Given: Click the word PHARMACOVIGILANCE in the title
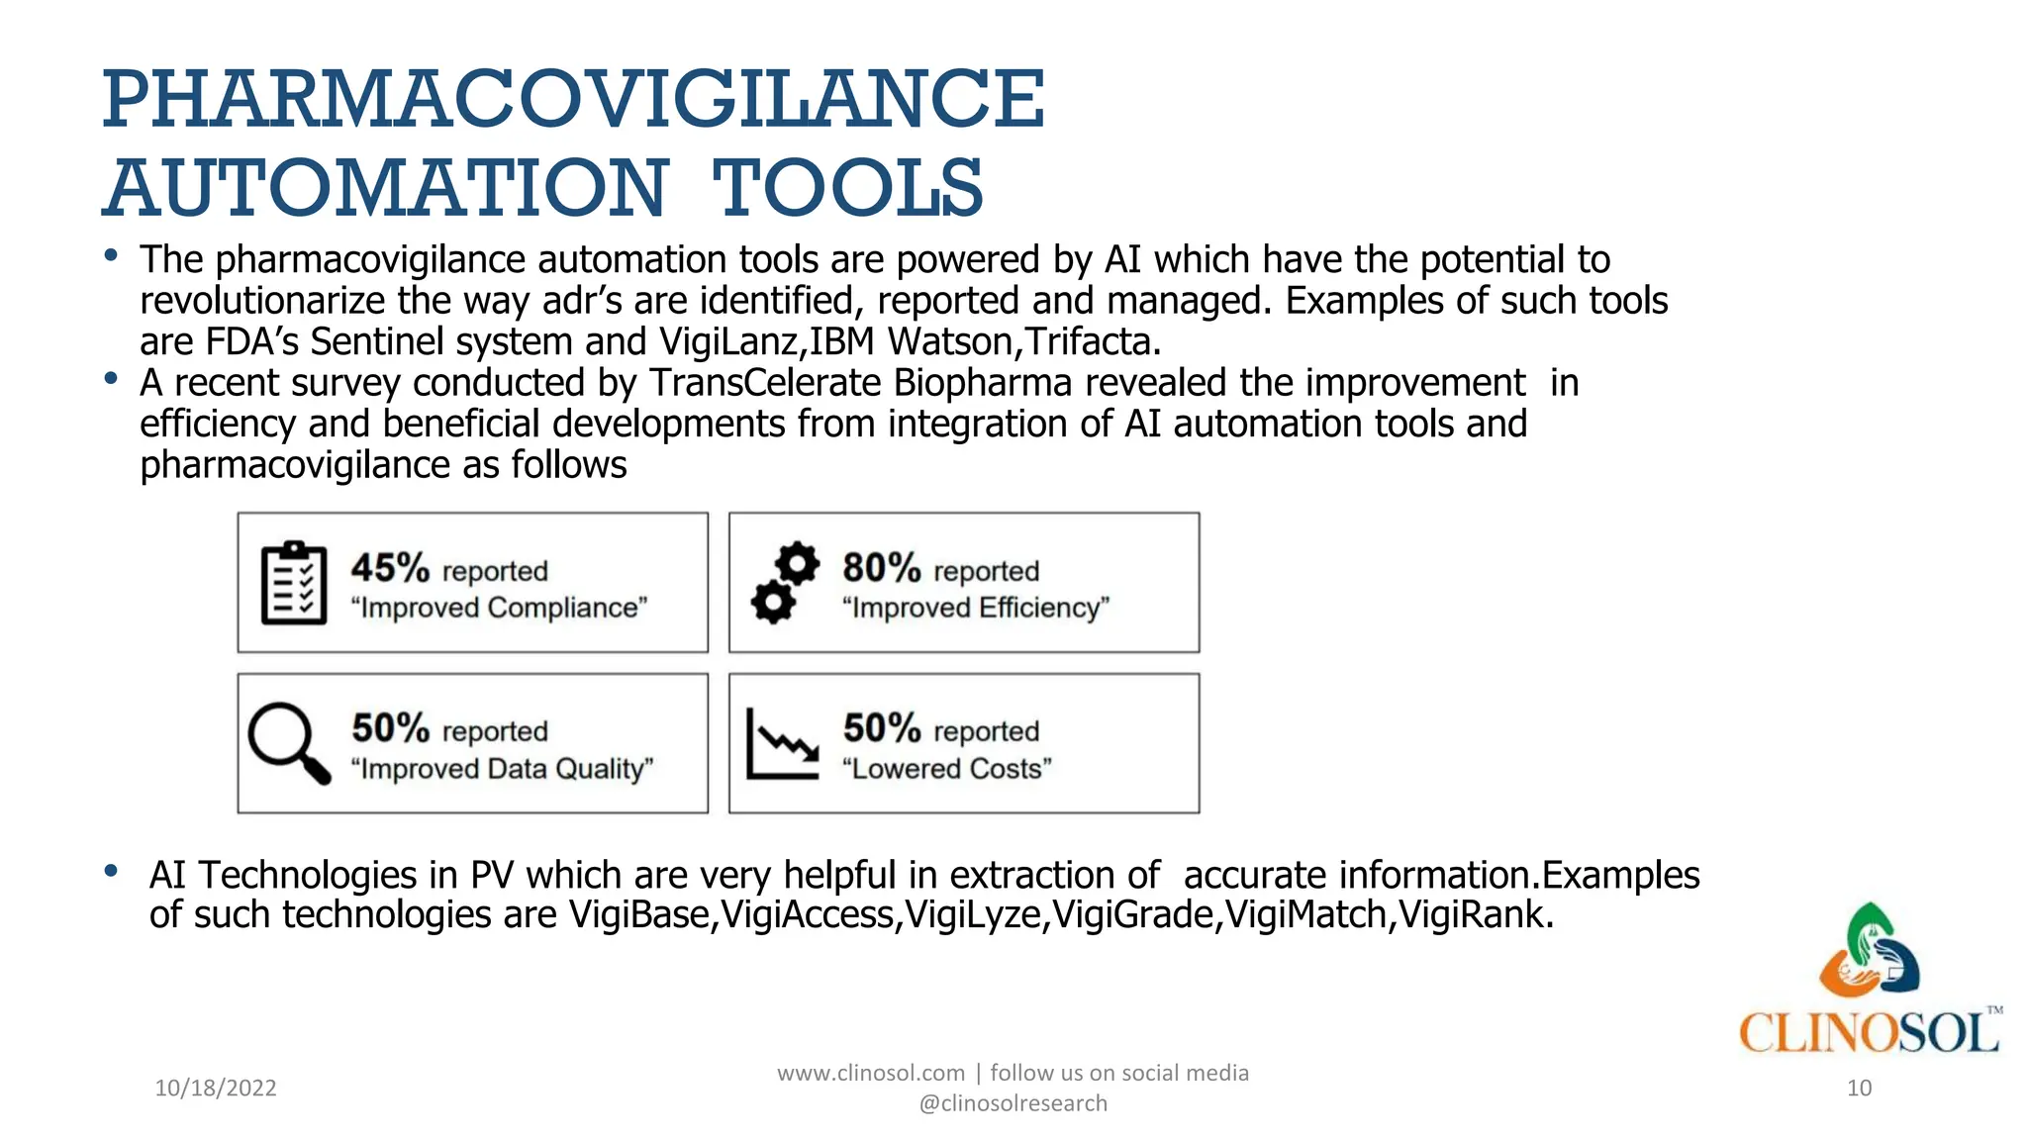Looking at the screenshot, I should (x=573, y=99).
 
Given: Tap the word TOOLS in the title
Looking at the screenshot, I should (x=847, y=188).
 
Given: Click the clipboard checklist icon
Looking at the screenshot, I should (x=294, y=583).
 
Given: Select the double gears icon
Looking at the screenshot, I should (x=785, y=583).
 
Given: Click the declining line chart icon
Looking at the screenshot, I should (x=782, y=743).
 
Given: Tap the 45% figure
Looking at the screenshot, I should (x=390, y=569).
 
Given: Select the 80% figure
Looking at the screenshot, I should (x=881, y=569).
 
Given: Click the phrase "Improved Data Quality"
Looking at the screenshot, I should (x=502, y=769).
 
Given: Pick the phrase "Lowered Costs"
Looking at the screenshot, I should (x=946, y=769).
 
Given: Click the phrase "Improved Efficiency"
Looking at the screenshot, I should (x=975, y=608).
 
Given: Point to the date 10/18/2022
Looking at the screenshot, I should (x=216, y=1089).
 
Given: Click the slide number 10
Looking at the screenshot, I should (x=1859, y=1089).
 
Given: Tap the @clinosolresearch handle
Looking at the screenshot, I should (x=1013, y=1103).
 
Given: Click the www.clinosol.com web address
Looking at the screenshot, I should (x=870, y=1073).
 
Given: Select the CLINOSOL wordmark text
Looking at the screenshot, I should (x=1869, y=1033).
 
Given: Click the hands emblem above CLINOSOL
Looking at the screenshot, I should (x=1869, y=950).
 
